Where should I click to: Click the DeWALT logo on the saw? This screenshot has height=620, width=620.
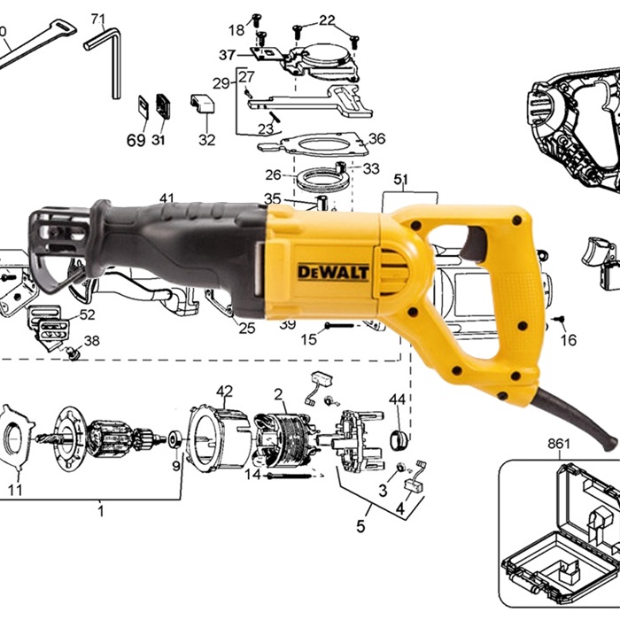[x=333, y=273]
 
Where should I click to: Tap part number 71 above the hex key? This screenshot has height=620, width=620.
[x=98, y=19]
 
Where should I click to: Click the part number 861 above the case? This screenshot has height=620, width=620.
[x=559, y=444]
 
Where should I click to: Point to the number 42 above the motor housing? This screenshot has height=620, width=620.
[x=224, y=391]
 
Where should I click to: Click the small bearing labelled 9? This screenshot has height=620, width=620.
[x=174, y=439]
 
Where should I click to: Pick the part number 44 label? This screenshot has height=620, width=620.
[x=397, y=399]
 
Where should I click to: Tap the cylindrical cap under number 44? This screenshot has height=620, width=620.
[x=399, y=441]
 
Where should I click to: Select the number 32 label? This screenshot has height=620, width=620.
[x=206, y=140]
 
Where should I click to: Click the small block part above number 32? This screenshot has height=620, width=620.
[x=203, y=104]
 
